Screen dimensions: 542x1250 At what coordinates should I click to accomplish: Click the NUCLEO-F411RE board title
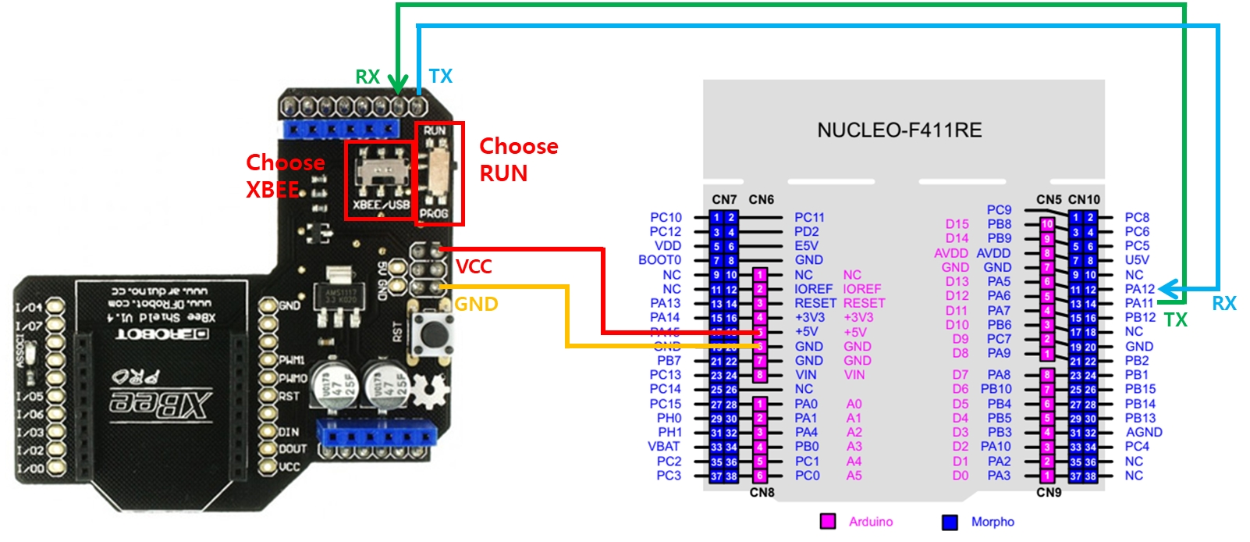coord(899,130)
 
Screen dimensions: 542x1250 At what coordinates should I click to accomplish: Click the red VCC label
coord(474,267)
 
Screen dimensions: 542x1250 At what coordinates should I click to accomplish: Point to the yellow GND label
coord(476,304)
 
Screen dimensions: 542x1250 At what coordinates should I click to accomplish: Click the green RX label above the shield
coord(368,77)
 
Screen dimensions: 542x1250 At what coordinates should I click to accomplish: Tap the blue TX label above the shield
coord(441,77)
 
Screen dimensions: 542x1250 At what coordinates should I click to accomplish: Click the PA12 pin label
coord(1139,289)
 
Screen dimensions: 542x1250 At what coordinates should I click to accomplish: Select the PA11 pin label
coord(1139,303)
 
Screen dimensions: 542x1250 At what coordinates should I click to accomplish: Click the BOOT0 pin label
coord(659,260)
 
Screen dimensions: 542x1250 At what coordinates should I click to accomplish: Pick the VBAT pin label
coord(663,447)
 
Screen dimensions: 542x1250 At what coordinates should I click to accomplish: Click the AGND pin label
coord(1144,432)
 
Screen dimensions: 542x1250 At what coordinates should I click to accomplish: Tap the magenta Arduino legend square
coord(828,522)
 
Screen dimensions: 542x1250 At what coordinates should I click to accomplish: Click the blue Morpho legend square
coord(950,522)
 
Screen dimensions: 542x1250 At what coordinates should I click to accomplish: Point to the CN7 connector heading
coord(724,200)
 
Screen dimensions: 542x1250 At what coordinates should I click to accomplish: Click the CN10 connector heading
coord(1084,200)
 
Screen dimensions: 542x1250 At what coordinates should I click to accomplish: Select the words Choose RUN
coord(518,159)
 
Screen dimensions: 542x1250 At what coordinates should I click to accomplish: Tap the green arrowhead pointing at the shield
coord(398,84)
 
